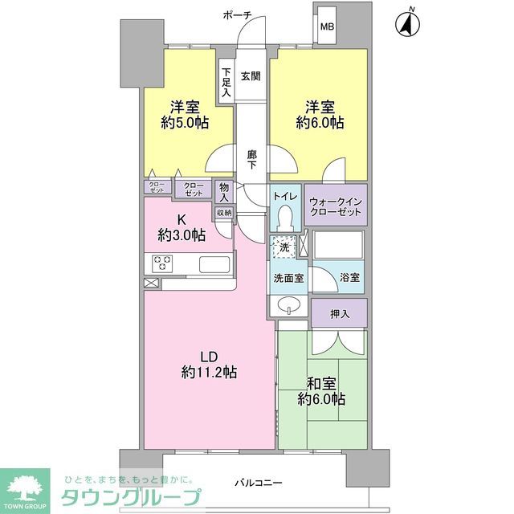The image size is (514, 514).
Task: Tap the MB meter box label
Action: pyautogui.click(x=327, y=27)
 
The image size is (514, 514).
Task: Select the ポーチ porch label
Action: pyautogui.click(x=238, y=14)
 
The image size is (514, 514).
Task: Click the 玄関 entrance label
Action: pyautogui.click(x=250, y=77)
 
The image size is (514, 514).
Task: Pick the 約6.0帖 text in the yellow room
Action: pyautogui.click(x=320, y=123)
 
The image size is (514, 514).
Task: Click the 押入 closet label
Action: pyautogui.click(x=340, y=313)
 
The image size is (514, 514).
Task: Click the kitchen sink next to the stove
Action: pyautogui.click(x=214, y=265)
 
